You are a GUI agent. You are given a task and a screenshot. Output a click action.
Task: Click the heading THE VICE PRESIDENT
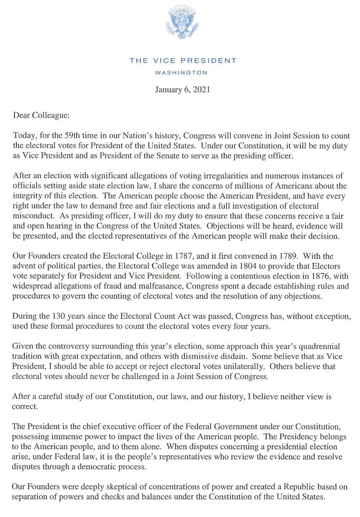(x=183, y=60)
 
